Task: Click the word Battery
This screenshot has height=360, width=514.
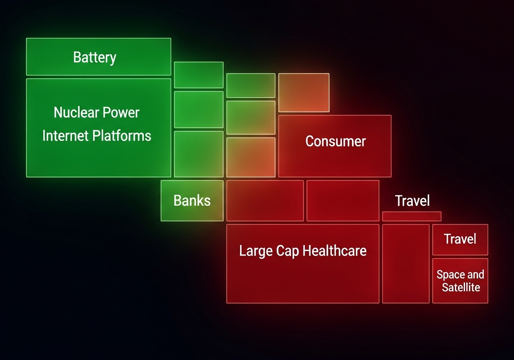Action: tap(95, 57)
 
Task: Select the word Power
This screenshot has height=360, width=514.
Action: tap(120, 112)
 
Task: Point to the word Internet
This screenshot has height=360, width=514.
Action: tap(65, 136)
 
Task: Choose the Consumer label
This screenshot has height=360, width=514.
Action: tap(335, 141)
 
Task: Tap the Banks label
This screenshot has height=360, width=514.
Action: tap(192, 200)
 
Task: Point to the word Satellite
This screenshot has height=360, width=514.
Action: tap(461, 287)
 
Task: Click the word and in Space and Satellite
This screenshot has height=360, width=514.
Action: tap(476, 275)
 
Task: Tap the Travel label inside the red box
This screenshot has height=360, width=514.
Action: tap(460, 239)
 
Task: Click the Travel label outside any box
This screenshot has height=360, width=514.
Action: tap(412, 200)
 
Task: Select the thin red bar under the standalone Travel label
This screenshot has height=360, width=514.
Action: tap(412, 216)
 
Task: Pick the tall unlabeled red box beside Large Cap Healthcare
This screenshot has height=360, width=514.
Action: tap(406, 264)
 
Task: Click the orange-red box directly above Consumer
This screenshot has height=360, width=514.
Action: tap(304, 92)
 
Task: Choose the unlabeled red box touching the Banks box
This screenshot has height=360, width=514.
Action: tap(265, 200)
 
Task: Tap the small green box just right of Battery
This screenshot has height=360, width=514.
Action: tap(199, 75)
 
